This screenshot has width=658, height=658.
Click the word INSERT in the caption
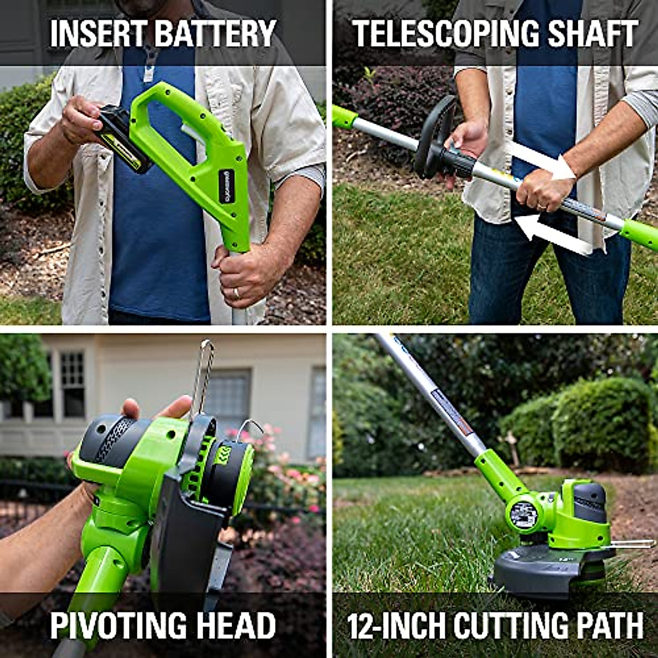point(98,33)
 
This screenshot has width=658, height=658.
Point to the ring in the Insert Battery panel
point(237,292)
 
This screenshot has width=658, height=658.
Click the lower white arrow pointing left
point(551,234)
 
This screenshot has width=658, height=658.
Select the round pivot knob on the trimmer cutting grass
point(524,514)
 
